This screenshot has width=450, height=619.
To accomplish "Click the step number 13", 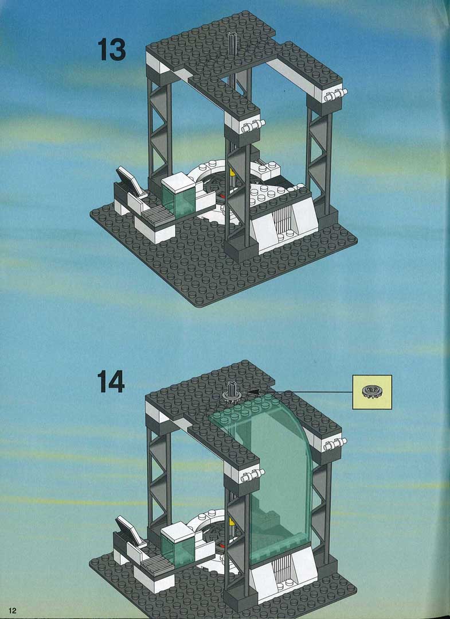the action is pos(112,50).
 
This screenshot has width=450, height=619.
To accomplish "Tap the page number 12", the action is pos(13,610).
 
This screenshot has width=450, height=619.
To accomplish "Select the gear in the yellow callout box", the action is pos(371,392).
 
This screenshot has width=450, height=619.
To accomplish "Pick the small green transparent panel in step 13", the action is pos(178,201).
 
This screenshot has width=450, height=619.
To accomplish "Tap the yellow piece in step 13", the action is pos(233,172).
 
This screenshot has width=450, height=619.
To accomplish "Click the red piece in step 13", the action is pos(224,195).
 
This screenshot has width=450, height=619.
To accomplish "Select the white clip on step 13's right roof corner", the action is pos(335,95).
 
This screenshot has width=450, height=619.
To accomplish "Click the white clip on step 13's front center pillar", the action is pos(253,126).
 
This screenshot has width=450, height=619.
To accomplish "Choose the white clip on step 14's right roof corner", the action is pos(335,444).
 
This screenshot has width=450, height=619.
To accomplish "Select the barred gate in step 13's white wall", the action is pos(283,222).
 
